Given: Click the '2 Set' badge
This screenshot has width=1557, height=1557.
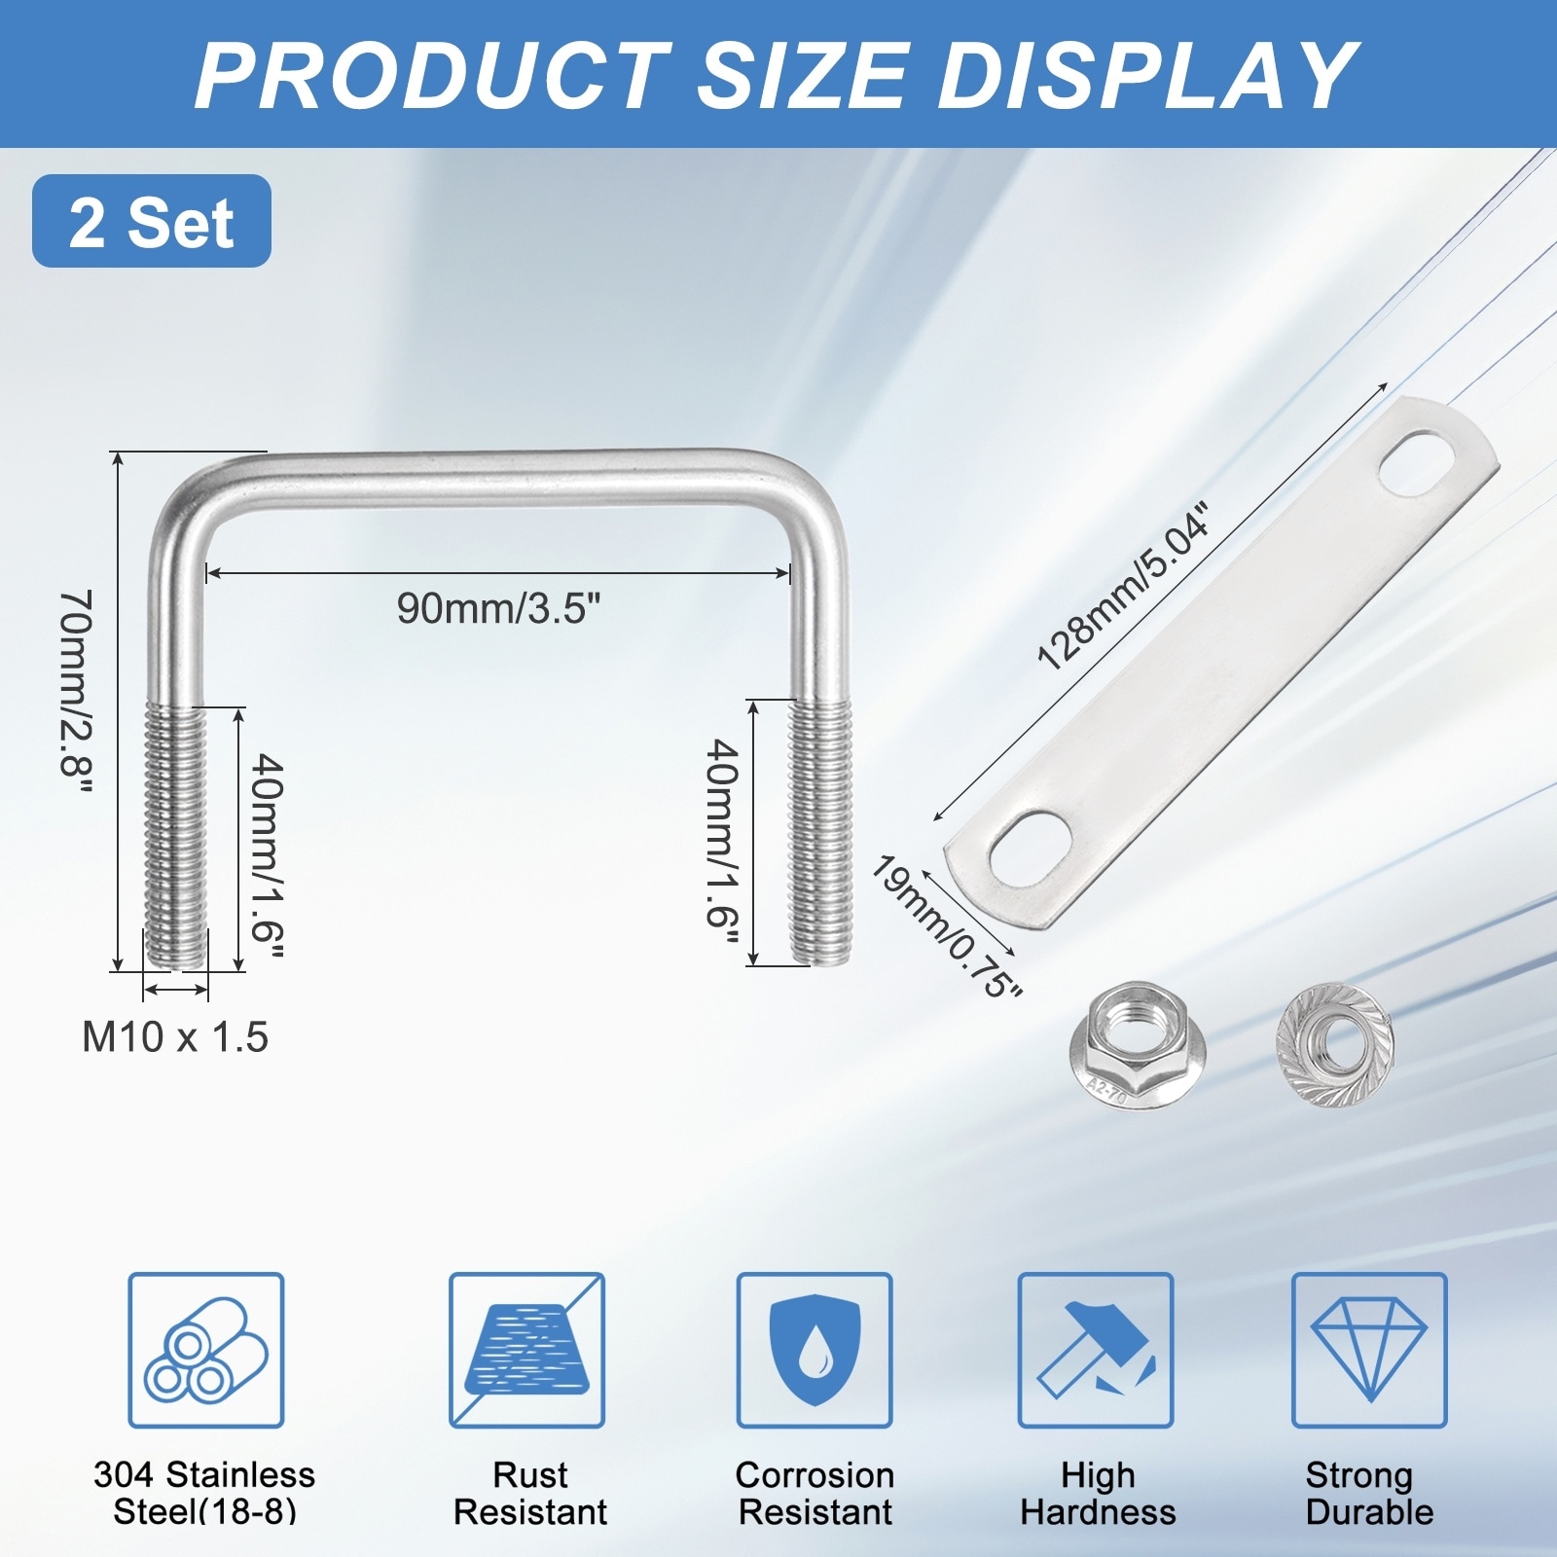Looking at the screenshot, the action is [152, 221].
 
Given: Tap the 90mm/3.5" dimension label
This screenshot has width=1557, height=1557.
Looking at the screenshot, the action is [499, 608].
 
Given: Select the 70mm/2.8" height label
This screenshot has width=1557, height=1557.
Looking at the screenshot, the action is [76, 696].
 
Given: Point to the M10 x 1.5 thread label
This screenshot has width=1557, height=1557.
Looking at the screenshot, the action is [175, 1036].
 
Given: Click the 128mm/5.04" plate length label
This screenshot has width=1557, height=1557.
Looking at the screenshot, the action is [1123, 587].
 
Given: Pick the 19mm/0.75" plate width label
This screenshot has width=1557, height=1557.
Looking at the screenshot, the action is [946, 925].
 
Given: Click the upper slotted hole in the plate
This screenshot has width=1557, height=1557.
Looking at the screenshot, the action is [1419, 465].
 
